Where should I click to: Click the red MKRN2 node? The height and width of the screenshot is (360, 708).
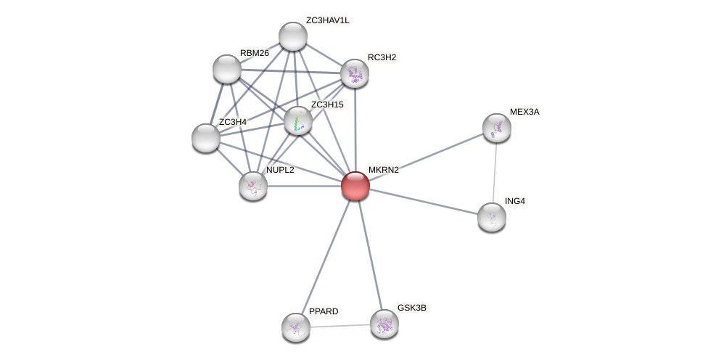pos(355,185)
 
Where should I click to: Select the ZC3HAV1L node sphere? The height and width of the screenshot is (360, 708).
pos(293,36)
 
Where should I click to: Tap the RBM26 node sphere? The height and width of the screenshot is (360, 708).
pos(227,68)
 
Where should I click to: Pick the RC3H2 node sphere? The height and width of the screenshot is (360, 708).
pos(354,73)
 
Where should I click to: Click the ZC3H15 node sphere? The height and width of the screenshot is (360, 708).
pos(297,120)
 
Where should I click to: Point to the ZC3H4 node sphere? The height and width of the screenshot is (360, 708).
pos(206,137)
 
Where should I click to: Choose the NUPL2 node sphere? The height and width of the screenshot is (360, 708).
pos(253,186)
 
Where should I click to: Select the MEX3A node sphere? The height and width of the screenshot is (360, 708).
pos(496,128)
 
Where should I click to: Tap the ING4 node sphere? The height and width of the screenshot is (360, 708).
pos(491,216)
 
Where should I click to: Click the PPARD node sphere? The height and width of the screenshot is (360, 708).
pos(295,327)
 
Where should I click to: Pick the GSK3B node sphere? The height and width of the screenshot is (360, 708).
pos(384,323)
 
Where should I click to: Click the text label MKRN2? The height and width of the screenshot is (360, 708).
pos(383,170)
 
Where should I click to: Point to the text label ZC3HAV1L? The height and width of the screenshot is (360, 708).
pos(327,20)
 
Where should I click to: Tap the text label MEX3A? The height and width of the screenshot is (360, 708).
pos(524,112)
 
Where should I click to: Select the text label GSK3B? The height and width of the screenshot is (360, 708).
pos(411,308)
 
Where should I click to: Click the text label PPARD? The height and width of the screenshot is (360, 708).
pos(323,311)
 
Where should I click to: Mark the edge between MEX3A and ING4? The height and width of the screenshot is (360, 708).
pos(494,172)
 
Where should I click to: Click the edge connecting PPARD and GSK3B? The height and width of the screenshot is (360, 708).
pos(339,325)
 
